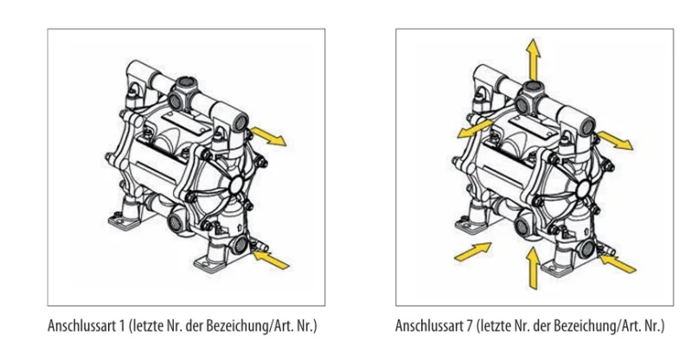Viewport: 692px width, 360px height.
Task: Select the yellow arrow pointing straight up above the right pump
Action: pyautogui.click(x=535, y=59)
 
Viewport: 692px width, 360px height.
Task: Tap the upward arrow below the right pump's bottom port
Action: pyautogui.click(x=534, y=266)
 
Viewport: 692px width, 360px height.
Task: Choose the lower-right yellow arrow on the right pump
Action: pyautogui.click(x=616, y=259)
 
